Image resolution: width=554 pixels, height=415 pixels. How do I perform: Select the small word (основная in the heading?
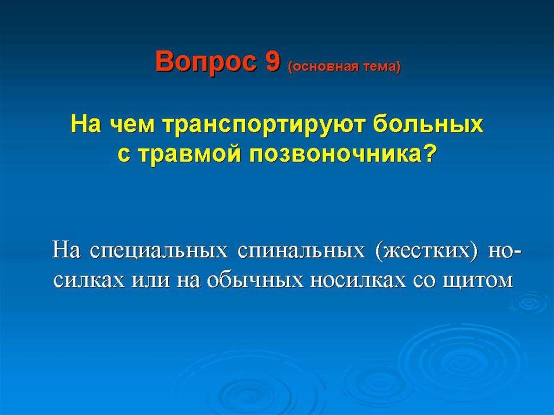coord(320,67)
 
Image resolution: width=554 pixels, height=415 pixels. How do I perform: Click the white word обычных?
coord(255,280)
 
